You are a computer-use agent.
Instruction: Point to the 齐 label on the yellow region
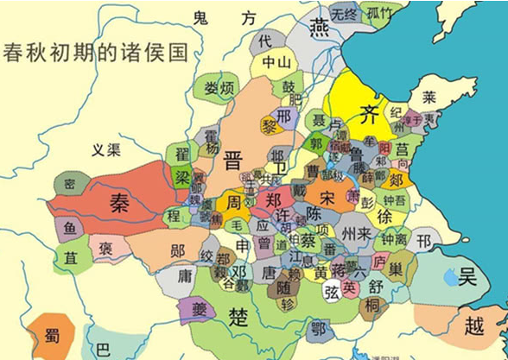pos(369,112)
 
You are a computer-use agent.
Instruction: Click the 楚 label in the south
pos(238,315)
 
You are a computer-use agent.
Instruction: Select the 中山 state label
pos(277,62)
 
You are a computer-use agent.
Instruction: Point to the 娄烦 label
pos(219,88)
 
